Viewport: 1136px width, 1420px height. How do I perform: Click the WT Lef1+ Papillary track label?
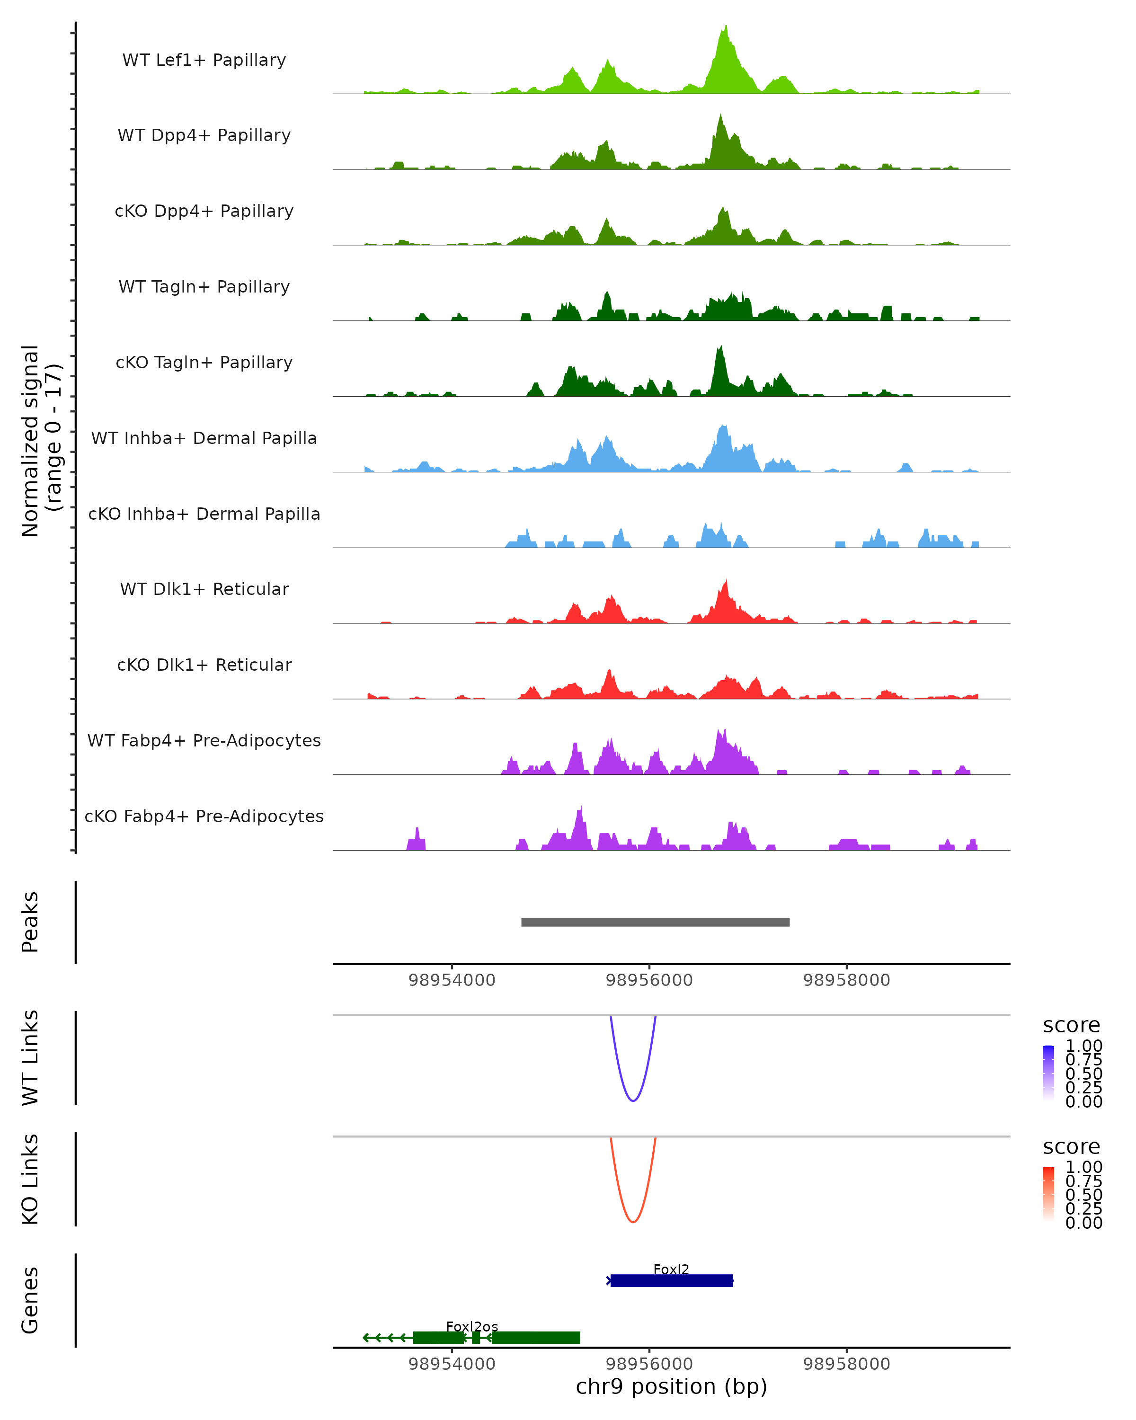204,60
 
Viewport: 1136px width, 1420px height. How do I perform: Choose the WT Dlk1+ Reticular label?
204,589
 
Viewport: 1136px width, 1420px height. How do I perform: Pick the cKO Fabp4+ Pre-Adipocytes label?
204,816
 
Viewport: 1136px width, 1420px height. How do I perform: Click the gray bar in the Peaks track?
655,922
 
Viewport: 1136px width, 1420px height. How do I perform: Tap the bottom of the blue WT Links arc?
633,1100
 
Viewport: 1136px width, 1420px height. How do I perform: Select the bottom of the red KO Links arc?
633,1221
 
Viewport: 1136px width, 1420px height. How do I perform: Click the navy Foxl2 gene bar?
672,1280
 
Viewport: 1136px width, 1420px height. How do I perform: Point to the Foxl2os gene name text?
472,1326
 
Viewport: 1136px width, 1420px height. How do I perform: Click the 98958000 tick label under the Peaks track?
846,980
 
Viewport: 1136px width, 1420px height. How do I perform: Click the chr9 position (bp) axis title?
671,1387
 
